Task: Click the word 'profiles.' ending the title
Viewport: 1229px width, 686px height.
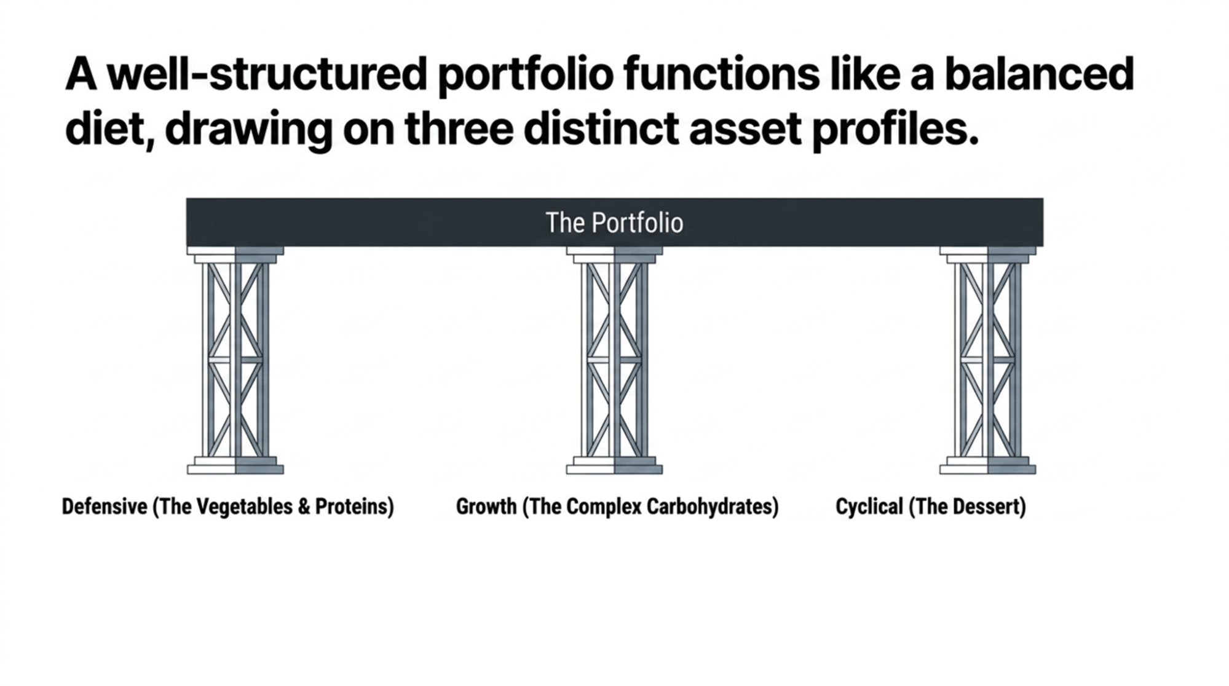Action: click(x=895, y=130)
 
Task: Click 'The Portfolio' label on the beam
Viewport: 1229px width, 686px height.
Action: click(x=614, y=223)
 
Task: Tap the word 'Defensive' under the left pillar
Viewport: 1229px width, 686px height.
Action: click(x=105, y=507)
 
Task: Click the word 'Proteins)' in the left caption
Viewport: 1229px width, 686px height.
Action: click(x=355, y=507)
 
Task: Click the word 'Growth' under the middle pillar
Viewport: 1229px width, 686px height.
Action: click(x=486, y=507)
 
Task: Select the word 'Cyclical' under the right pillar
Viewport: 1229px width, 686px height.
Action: click(x=868, y=507)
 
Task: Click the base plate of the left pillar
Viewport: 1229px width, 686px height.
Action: click(x=235, y=469)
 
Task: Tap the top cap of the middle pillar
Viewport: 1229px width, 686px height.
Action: click(x=614, y=251)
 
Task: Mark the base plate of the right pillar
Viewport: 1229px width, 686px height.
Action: click(x=987, y=469)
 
